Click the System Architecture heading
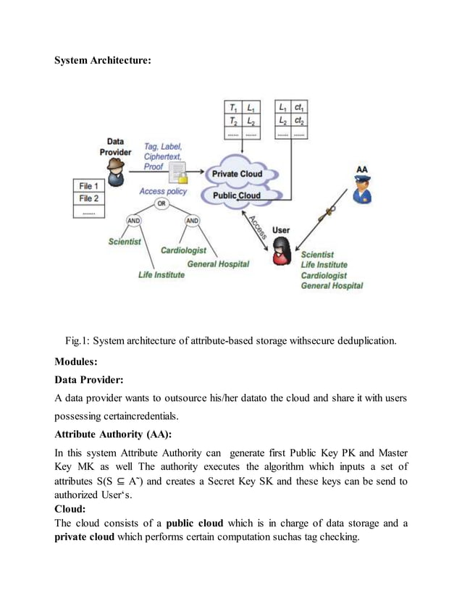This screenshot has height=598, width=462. tap(103, 60)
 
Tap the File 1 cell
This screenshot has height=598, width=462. tap(89, 185)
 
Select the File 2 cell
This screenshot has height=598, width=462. tap(89, 198)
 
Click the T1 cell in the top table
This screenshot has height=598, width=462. tap(233, 107)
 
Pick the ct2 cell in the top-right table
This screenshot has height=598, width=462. tap(300, 121)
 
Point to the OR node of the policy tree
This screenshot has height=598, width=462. tap(162, 203)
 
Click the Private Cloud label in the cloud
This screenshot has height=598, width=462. tap(237, 174)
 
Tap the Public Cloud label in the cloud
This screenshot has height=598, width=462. tap(236, 195)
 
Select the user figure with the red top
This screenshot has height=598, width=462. tap(281, 250)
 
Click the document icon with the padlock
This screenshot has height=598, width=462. tap(177, 174)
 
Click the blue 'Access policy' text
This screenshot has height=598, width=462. tap(163, 191)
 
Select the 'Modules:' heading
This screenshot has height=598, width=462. tap(76, 361)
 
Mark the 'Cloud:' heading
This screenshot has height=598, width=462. tap(70, 508)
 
